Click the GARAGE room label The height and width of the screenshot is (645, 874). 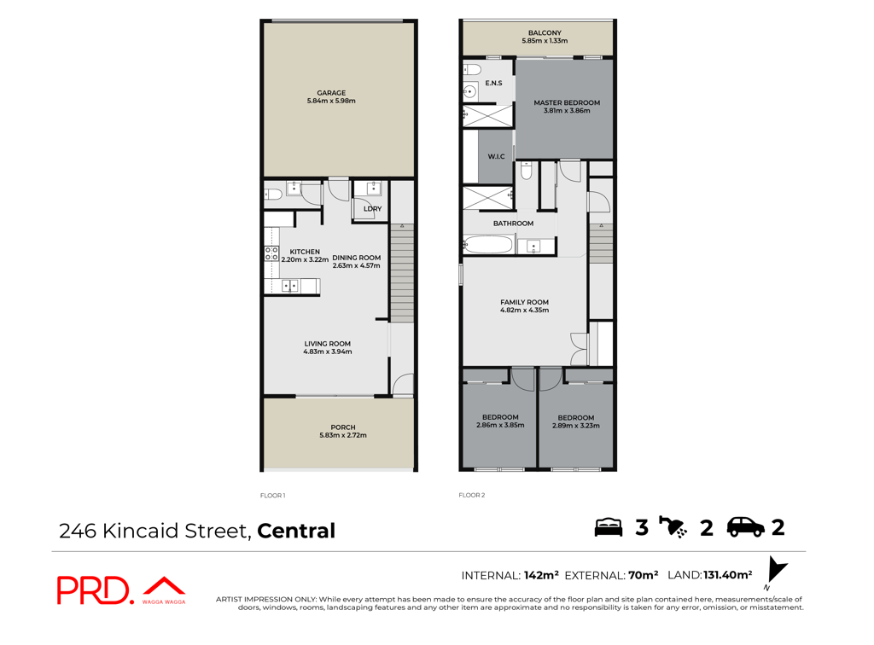tap(331, 93)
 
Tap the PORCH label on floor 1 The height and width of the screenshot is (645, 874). tap(343, 427)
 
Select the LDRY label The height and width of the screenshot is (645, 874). tap(372, 209)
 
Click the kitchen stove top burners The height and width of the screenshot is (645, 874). tap(271, 253)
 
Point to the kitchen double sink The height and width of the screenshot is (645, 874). tap(290, 286)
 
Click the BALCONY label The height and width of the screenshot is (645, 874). tap(545, 33)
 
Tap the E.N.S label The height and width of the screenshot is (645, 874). tap(493, 83)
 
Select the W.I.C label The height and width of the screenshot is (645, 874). tap(496, 156)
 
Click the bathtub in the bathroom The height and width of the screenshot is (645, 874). tap(488, 245)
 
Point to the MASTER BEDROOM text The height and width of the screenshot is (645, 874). tap(567, 102)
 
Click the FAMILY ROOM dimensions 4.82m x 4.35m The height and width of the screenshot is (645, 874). tap(525, 311)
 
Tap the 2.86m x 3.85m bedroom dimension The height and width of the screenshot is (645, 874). tap(500, 425)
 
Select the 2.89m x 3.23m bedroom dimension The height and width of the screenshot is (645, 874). tap(576, 426)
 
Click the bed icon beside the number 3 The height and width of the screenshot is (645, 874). tap(608, 527)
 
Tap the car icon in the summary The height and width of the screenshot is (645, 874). tap(746, 527)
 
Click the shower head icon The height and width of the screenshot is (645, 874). tap(673, 527)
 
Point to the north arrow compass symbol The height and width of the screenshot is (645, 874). tap(775, 571)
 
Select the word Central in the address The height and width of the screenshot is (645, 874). tap(296, 531)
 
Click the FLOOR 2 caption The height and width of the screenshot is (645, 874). tap(471, 495)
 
